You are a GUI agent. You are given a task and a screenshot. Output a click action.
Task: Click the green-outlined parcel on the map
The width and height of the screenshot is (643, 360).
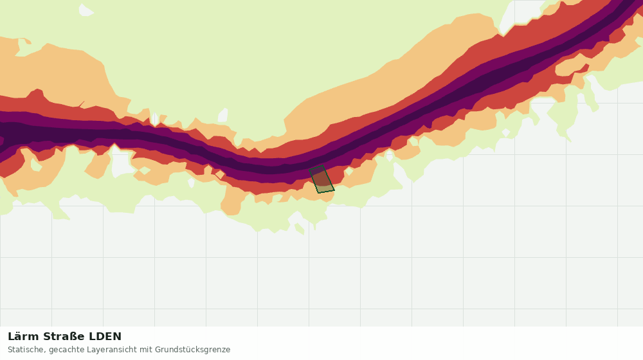(x=322, y=179)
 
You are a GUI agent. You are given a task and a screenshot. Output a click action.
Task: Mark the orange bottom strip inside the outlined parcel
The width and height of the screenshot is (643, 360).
(x=325, y=188)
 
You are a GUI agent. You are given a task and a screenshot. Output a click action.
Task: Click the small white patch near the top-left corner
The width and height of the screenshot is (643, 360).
(x=86, y=10)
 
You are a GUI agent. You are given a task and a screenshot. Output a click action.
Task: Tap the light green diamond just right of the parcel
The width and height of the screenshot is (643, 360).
(x=349, y=171)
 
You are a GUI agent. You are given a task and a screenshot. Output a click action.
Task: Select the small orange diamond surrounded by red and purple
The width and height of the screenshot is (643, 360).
(x=220, y=175)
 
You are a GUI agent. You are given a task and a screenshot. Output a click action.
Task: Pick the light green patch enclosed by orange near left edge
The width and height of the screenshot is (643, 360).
(x=35, y=165)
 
